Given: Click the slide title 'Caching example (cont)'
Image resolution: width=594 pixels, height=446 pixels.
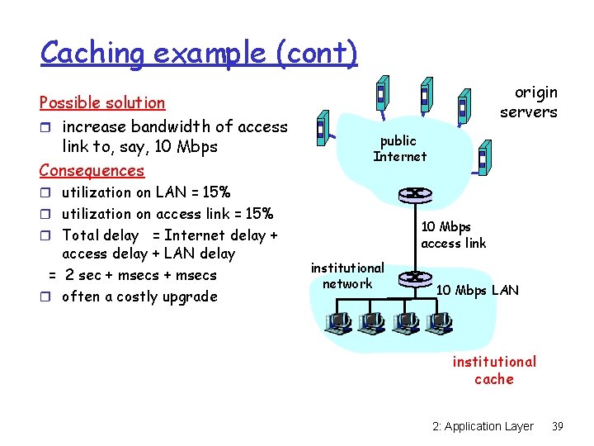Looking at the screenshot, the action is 199,53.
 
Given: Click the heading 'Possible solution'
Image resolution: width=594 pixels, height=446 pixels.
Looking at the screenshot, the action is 102,102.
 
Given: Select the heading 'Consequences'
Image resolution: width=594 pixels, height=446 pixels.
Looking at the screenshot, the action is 92,170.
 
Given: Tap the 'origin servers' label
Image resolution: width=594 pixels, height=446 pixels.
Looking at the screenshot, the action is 529,102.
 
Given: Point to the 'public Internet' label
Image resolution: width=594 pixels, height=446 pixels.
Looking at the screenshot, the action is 399,149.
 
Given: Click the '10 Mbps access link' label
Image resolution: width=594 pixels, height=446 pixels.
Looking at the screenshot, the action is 453,235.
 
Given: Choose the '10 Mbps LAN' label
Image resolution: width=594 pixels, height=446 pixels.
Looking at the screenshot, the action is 477,290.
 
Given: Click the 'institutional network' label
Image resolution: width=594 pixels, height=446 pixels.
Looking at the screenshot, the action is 347,276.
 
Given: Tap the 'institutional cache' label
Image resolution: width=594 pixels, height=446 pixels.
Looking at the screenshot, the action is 494,370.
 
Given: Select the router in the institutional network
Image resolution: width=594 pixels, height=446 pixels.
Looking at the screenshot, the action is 414,278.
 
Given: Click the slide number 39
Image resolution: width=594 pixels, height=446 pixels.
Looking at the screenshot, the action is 558,426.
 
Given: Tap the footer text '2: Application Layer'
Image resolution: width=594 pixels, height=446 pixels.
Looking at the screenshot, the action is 483,426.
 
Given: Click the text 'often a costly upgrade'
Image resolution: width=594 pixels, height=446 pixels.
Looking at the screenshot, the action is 139,297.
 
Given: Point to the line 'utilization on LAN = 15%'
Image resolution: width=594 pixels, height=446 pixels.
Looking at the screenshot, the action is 146,192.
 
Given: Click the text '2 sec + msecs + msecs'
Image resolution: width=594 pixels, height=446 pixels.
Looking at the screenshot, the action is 140,275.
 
